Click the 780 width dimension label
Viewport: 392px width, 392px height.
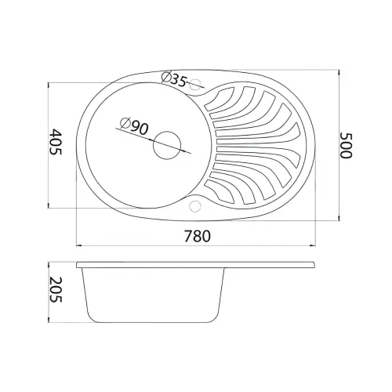click(x=198, y=236)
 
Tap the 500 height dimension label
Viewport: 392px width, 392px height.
click(x=346, y=145)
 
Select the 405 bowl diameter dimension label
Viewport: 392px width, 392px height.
click(x=56, y=142)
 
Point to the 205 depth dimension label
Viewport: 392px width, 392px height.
click(x=56, y=289)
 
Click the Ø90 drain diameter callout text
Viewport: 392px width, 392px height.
click(x=134, y=126)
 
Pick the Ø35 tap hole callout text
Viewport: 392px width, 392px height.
click(x=174, y=79)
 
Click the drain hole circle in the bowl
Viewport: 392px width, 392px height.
click(x=167, y=145)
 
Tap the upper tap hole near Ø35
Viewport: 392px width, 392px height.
click(x=194, y=84)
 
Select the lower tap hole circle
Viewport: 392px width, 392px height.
click(x=194, y=205)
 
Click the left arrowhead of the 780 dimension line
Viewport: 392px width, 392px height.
click(x=79, y=245)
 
